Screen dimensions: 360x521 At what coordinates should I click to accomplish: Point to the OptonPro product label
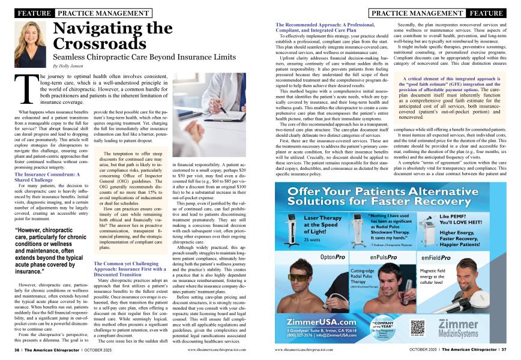[333, 257]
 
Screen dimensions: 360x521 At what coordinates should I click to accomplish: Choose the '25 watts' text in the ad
[312, 239]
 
